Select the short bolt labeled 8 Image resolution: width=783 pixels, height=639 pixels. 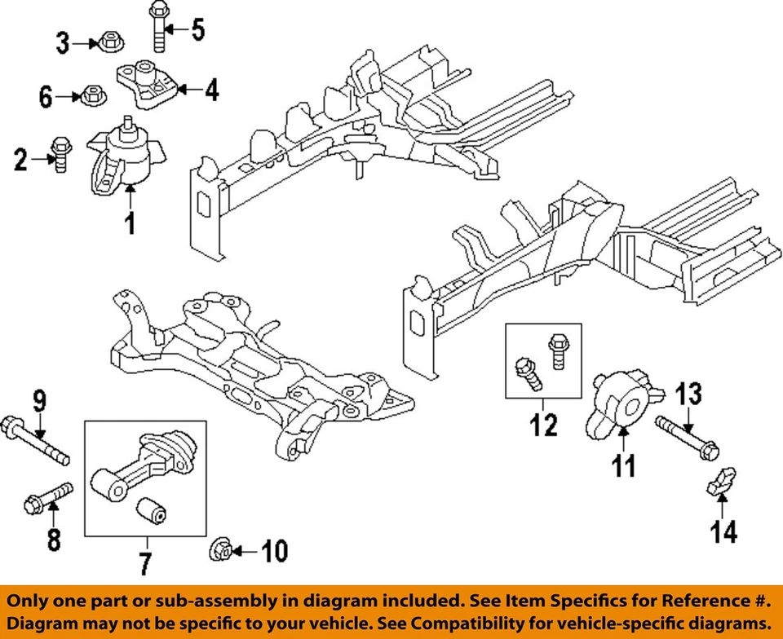(51, 495)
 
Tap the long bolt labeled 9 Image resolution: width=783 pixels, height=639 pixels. (37, 439)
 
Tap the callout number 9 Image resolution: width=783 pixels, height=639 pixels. (40, 401)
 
